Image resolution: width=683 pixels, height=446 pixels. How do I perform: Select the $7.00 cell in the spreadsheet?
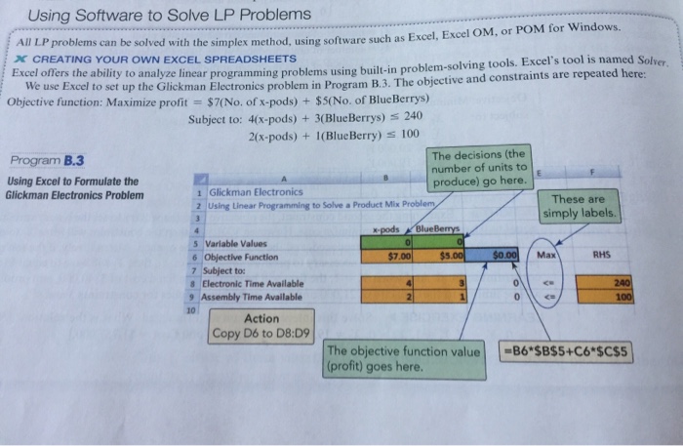coord(394,257)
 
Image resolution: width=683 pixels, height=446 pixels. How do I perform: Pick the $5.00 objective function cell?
coord(448,258)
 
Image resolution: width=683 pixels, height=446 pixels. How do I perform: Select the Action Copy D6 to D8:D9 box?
coord(261,326)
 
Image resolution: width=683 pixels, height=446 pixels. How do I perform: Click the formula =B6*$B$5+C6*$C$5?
coord(567,350)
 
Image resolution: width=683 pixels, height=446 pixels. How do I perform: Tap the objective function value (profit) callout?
coord(403,359)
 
